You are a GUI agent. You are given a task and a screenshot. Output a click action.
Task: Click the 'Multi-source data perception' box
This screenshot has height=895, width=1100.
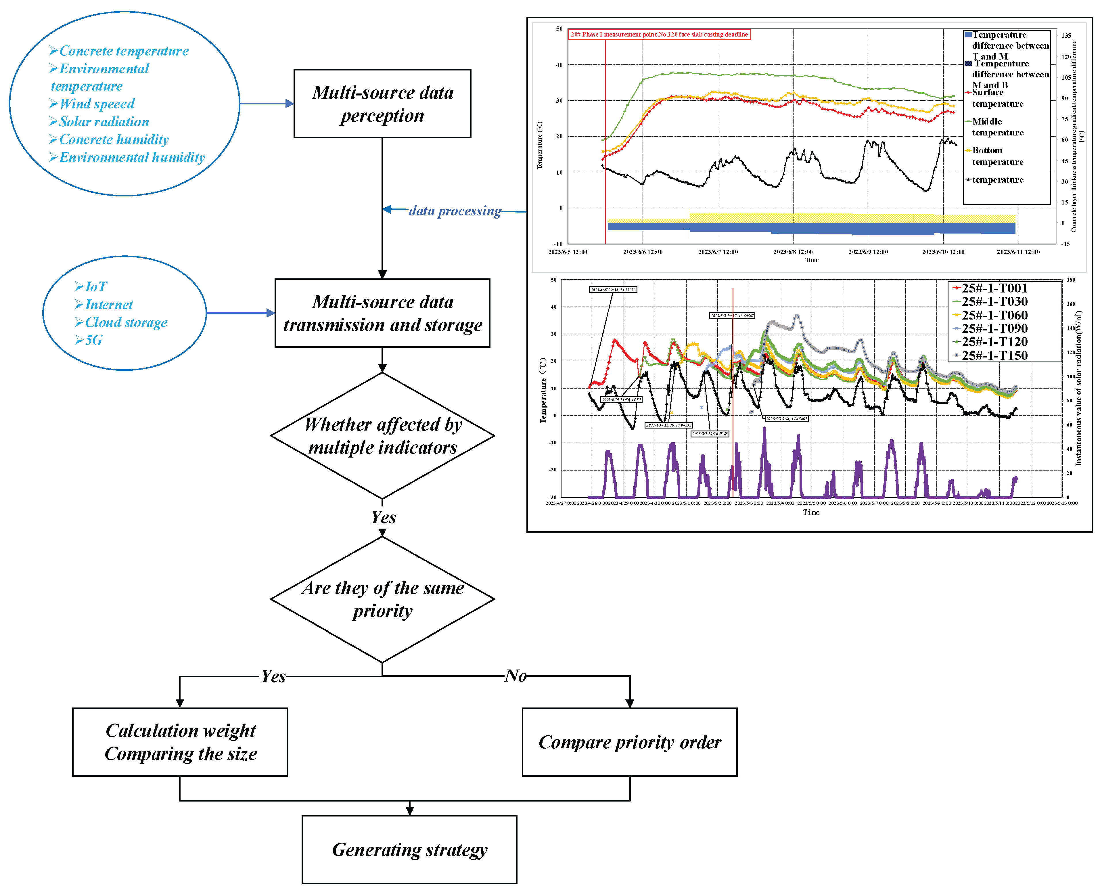click(382, 104)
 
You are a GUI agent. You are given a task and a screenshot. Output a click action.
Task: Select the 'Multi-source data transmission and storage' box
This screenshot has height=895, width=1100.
click(382, 313)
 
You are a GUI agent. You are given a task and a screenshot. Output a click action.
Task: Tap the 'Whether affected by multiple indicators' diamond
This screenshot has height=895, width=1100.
click(382, 436)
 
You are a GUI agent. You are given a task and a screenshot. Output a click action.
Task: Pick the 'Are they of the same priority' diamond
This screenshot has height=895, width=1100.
click(382, 599)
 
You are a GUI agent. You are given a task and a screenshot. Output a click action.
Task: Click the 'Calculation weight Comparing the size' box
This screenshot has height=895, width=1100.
click(180, 742)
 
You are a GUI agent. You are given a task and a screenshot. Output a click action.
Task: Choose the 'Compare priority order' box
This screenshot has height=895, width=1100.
click(629, 742)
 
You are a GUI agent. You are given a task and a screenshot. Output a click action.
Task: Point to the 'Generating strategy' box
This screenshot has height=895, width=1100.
click(409, 849)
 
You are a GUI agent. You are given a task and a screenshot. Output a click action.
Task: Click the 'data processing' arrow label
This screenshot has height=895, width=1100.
click(455, 211)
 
